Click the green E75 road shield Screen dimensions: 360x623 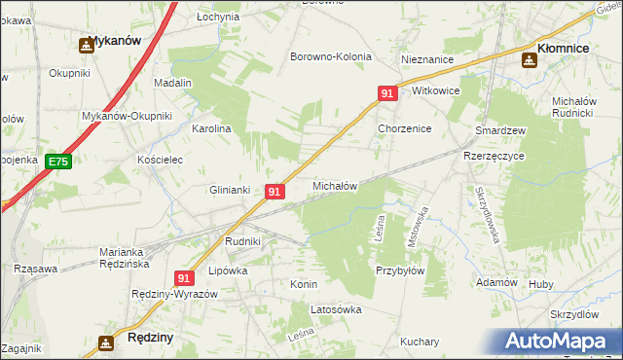(x=58, y=162)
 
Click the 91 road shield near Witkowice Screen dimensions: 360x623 (x=387, y=93)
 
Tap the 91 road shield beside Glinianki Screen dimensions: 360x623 (x=275, y=192)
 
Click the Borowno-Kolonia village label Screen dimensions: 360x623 (x=331, y=56)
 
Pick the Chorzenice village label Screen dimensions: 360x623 (x=404, y=128)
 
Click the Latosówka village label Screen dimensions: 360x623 (x=336, y=309)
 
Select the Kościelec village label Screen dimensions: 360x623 (x=161, y=159)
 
